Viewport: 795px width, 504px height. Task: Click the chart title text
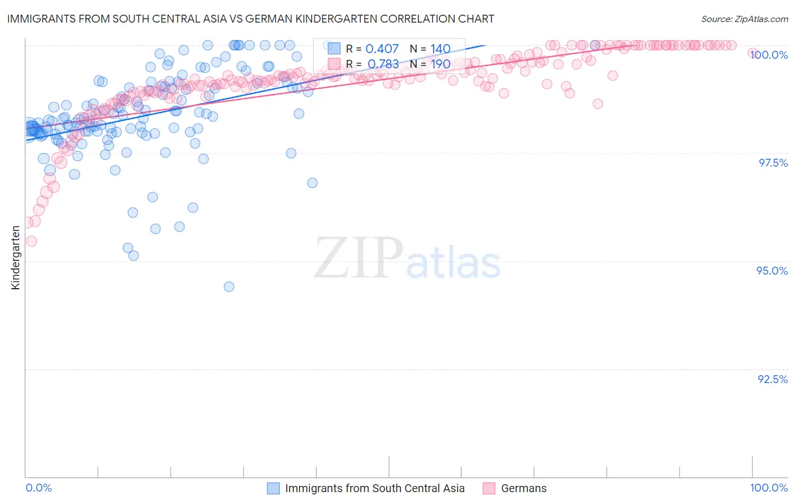250,19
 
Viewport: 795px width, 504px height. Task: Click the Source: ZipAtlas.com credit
744,19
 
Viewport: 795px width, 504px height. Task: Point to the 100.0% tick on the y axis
768,55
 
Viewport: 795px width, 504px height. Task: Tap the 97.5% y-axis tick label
773,163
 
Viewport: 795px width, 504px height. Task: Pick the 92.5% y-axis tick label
772,379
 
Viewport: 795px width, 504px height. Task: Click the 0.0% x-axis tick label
38,488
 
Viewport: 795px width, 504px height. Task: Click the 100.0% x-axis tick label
768,488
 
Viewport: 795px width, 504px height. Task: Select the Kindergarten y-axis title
15,258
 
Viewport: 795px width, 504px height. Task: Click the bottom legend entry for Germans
524,488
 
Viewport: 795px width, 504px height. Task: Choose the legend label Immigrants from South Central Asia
374,488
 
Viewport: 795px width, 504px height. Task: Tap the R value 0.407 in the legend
382,49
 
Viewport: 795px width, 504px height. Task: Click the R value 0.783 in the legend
383,64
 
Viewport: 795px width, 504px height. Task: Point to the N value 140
440,49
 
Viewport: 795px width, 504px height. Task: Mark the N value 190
440,64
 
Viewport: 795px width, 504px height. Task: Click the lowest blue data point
229,286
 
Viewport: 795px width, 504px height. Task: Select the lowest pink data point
31,241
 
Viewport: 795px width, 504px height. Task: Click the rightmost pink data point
753,53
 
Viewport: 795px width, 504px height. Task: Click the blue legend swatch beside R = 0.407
334,49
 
